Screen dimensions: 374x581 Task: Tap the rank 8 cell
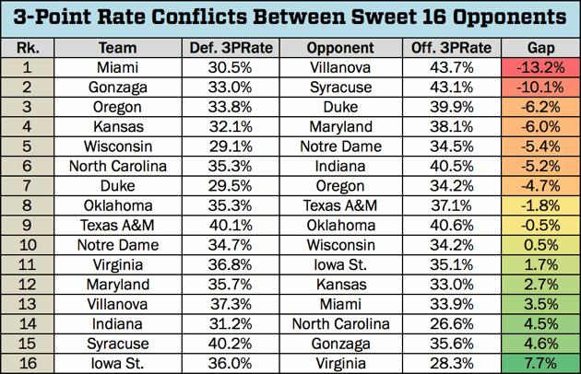tap(22, 205)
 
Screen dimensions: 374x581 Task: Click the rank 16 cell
tap(22, 362)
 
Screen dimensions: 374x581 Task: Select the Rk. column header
tap(22, 48)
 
